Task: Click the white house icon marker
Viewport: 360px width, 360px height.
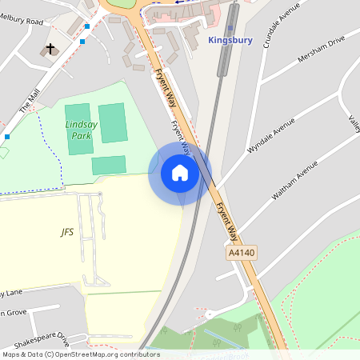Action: tap(180, 173)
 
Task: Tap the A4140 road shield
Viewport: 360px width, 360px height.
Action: tap(241, 252)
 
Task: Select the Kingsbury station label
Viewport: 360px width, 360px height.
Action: tap(230, 39)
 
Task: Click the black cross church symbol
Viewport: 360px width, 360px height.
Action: tap(50, 50)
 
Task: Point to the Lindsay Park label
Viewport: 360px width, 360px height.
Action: tap(78, 130)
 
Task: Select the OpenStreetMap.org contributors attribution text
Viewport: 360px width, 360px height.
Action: tap(107, 354)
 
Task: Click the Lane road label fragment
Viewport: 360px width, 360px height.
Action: tap(13, 292)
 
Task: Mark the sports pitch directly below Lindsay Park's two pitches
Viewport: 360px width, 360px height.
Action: tap(109, 165)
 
